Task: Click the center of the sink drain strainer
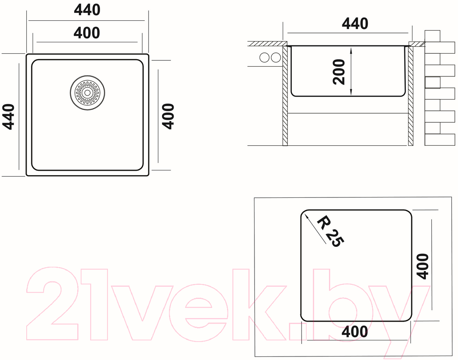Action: tap(87, 93)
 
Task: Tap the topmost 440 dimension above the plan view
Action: tap(87, 10)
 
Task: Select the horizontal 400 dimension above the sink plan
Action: tap(87, 33)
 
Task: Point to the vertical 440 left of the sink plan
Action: tap(9, 117)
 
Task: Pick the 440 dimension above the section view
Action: tap(355, 24)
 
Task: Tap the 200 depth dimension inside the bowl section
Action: tap(339, 72)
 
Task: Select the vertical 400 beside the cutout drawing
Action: tap(422, 266)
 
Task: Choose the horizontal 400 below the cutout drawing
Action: tap(354, 332)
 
